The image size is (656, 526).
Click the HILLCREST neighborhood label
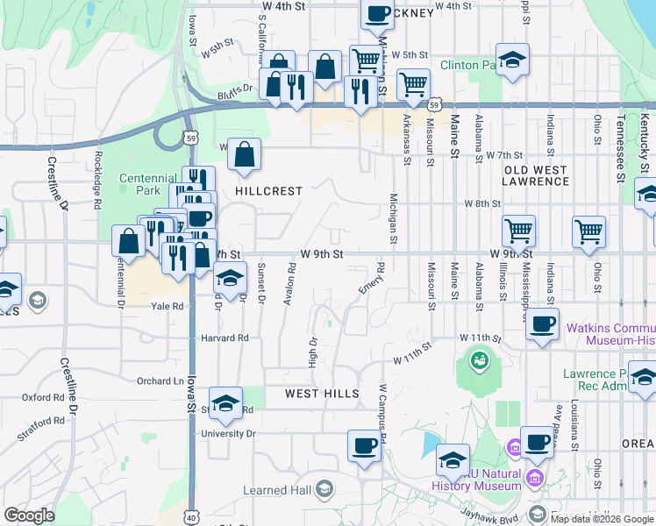(x=268, y=191)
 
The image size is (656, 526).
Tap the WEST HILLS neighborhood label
(x=322, y=394)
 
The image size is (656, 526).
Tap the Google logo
(x=29, y=515)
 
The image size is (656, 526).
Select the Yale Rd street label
(x=167, y=307)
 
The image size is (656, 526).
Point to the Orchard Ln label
(x=159, y=381)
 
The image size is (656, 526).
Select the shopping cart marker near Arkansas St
(x=413, y=84)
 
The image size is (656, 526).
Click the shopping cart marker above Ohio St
(x=588, y=231)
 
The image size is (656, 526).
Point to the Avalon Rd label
(x=289, y=281)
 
